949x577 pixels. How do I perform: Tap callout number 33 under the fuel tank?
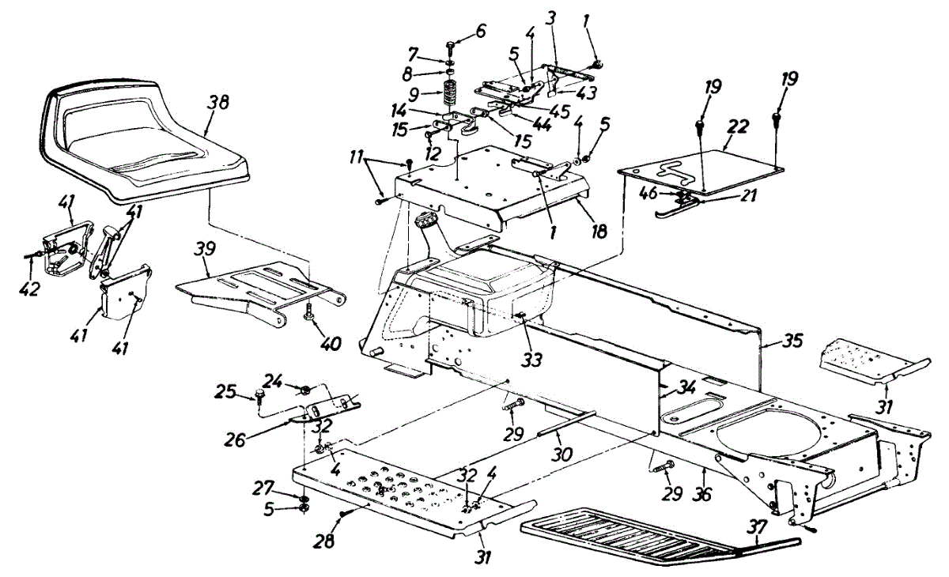point(532,360)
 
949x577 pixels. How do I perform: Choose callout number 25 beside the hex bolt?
point(226,392)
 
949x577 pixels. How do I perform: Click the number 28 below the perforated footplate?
point(323,541)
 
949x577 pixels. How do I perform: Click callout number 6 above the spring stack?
point(481,32)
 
